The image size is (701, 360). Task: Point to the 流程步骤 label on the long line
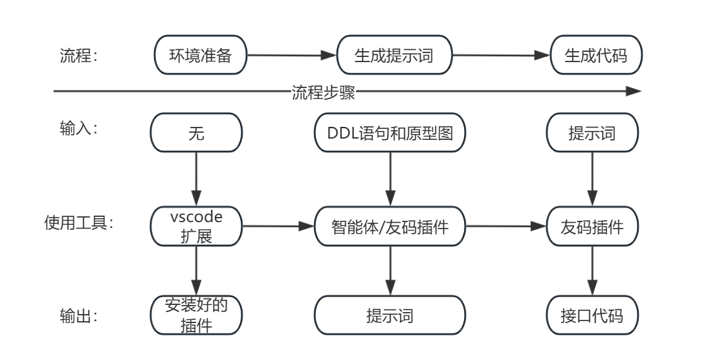(x=323, y=91)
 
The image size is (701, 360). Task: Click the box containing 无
(x=195, y=134)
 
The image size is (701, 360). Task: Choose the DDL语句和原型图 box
(x=390, y=134)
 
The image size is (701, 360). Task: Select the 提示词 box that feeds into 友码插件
(x=592, y=134)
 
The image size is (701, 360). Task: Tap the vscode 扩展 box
(x=195, y=226)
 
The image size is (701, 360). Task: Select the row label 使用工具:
(x=78, y=224)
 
